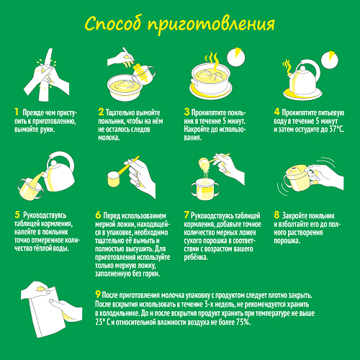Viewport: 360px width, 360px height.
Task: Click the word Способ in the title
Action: click(x=112, y=24)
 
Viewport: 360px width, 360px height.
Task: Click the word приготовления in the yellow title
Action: click(x=211, y=25)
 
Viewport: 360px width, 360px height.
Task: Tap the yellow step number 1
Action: click(x=17, y=112)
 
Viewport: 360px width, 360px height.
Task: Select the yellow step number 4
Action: click(x=276, y=112)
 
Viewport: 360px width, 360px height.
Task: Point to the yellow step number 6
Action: click(x=98, y=215)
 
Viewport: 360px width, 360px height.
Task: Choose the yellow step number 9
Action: click(x=98, y=294)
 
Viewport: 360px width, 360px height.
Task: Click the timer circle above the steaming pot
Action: click(x=236, y=57)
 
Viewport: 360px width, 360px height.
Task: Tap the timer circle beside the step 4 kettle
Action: click(x=330, y=60)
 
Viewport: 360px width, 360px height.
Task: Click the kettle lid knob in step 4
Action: click(x=302, y=70)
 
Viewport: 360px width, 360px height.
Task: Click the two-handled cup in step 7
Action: click(x=205, y=189)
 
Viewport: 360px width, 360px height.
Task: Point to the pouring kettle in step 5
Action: click(x=59, y=172)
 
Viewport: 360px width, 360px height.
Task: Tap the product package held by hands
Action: click(x=47, y=312)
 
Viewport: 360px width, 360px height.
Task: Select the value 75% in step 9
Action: click(x=243, y=322)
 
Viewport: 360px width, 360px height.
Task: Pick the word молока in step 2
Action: click(x=109, y=138)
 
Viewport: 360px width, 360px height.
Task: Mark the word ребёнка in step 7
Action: click(x=196, y=257)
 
